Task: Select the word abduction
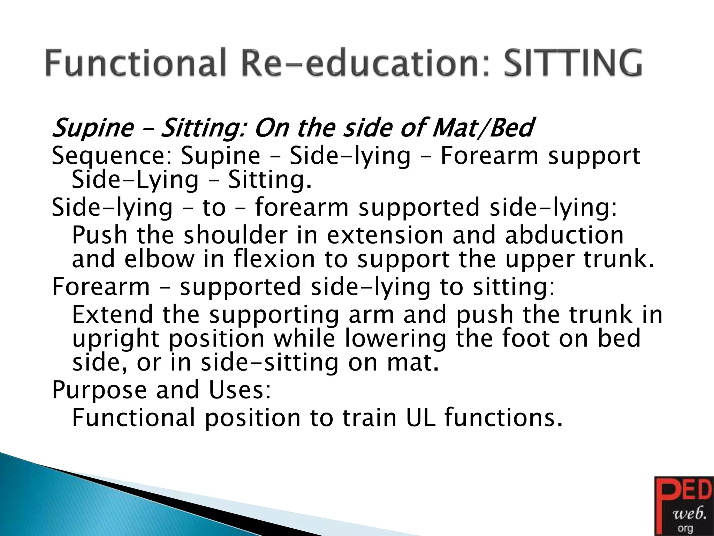[x=564, y=235]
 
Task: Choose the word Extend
[x=112, y=314]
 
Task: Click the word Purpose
[x=99, y=390]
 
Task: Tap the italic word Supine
[x=92, y=128]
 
